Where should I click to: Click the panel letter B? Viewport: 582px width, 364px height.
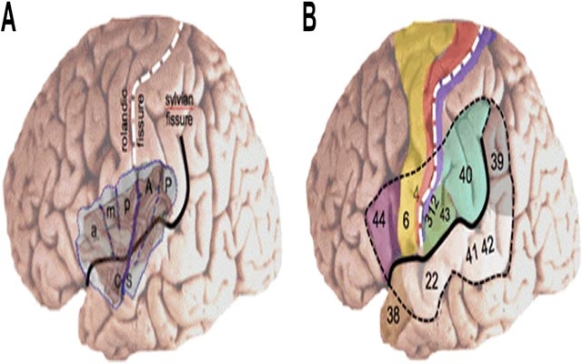point(309,17)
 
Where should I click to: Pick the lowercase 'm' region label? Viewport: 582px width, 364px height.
point(108,212)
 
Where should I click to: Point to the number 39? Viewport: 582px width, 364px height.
point(497,161)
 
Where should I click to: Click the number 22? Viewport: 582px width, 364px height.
point(432,278)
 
